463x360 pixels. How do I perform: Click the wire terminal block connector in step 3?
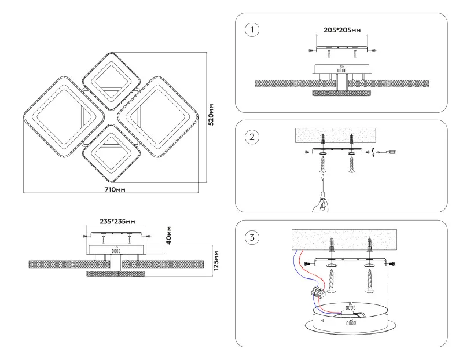(x=318, y=292)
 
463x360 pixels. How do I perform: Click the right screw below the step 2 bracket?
(x=351, y=164)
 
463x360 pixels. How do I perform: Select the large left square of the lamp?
(x=55, y=116)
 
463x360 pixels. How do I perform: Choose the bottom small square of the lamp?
(x=111, y=152)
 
